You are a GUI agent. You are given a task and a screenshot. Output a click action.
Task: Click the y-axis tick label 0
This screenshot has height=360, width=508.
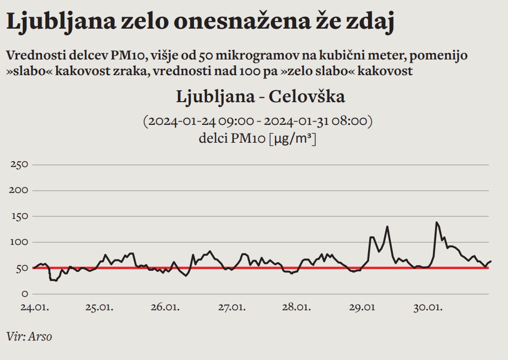[24, 294]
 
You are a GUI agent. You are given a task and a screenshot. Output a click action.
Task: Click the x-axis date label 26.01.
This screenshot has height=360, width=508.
[165, 308]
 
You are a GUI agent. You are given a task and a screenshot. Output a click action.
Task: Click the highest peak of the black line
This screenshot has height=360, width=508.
[436, 222]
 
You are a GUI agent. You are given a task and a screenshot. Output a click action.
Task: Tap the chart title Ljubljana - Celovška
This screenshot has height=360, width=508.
[260, 97]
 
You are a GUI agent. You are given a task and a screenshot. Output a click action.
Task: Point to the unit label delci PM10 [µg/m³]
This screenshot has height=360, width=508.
[257, 138]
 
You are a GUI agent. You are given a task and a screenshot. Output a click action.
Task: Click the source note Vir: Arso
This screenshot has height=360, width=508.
[30, 336]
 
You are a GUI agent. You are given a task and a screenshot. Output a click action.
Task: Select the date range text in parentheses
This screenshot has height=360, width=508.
[257, 121]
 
